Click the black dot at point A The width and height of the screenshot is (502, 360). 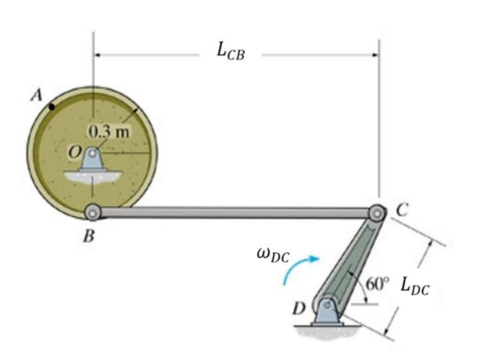click(52, 106)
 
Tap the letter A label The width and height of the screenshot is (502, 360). click(37, 95)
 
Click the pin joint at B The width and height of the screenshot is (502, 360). click(93, 212)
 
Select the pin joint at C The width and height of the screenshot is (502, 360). click(377, 213)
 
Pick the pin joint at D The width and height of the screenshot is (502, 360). click(326, 305)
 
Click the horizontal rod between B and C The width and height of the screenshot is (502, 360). click(235, 213)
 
